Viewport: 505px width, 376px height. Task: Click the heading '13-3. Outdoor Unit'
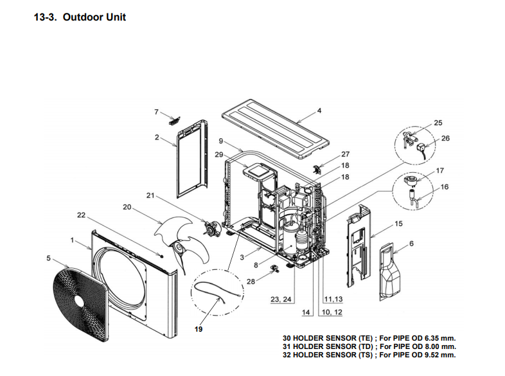pyautogui.click(x=80, y=17)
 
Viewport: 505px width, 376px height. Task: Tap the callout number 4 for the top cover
pyautogui.click(x=319, y=110)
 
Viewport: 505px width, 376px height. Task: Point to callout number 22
pyautogui.click(x=81, y=215)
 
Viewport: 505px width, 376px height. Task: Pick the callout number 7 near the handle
pyautogui.click(x=156, y=112)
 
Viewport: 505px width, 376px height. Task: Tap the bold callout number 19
pyautogui.click(x=199, y=328)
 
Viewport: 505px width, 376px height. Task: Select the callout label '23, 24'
pyautogui.click(x=281, y=300)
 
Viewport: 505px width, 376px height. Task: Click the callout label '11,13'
pyautogui.click(x=333, y=300)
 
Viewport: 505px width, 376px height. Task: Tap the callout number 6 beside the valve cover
pyautogui.click(x=411, y=243)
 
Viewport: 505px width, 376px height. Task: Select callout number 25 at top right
pyautogui.click(x=438, y=122)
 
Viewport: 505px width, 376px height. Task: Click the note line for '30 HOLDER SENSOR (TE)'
pyautogui.click(x=373, y=337)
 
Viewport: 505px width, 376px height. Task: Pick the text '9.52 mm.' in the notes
pyautogui.click(x=442, y=354)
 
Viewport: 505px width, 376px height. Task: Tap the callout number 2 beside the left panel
pyautogui.click(x=156, y=137)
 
